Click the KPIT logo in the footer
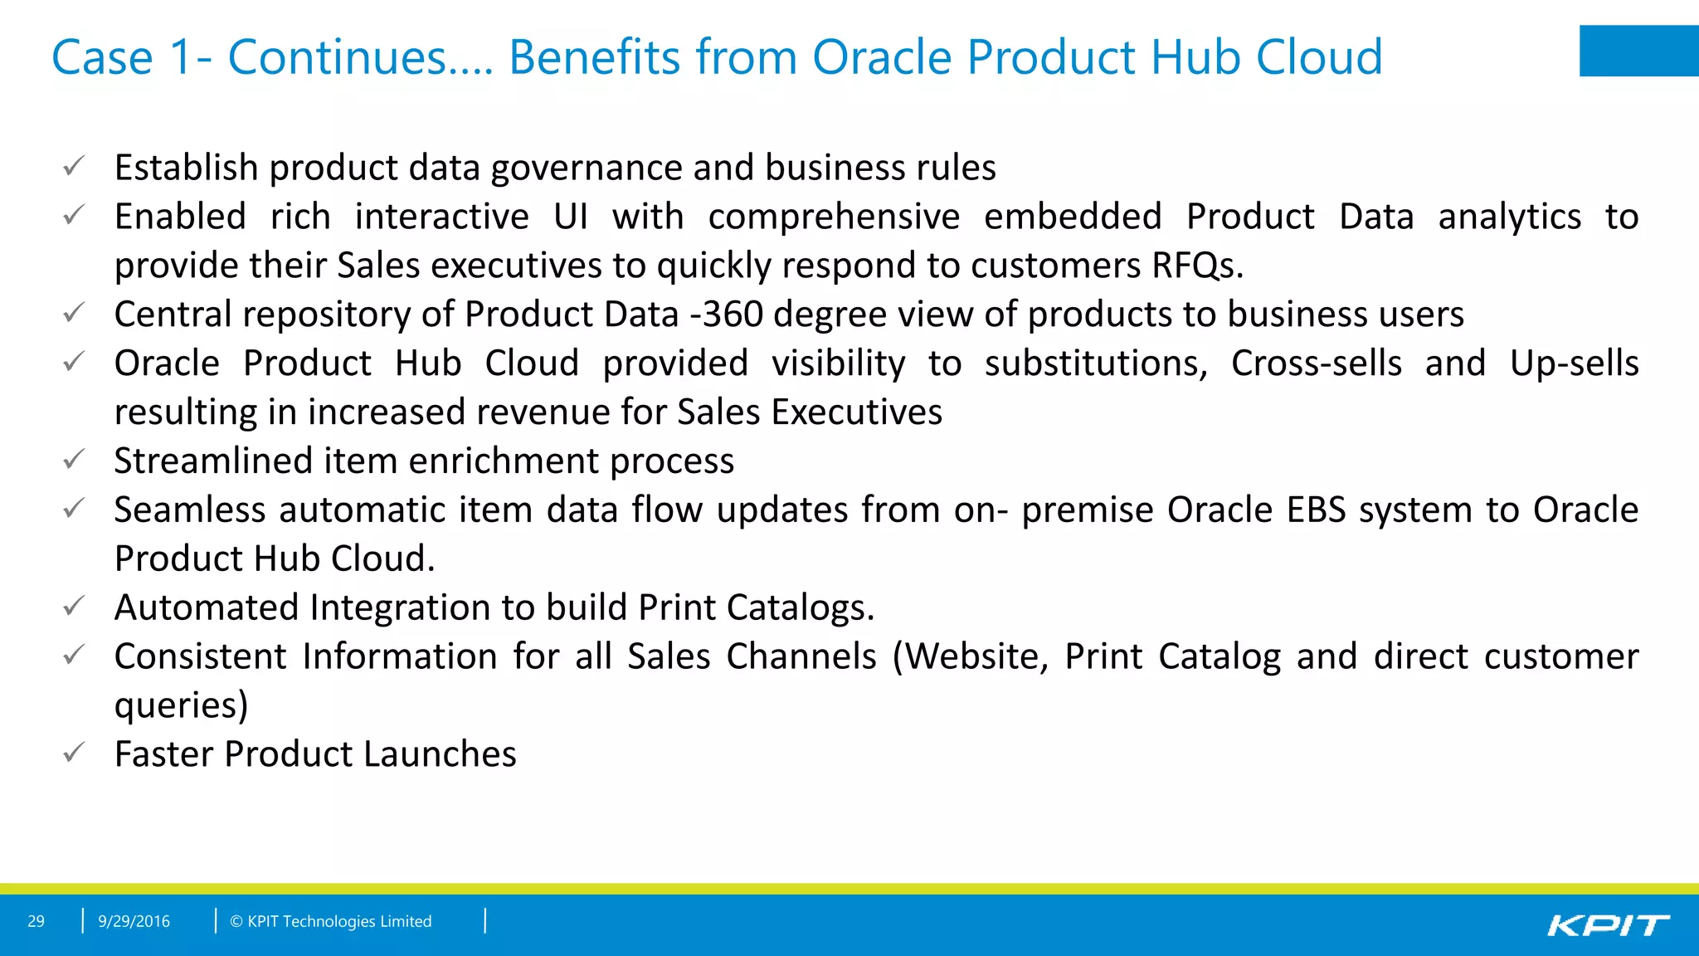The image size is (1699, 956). pos(1608,924)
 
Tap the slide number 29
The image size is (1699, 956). pos(36,921)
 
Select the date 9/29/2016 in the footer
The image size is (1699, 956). pos(134,921)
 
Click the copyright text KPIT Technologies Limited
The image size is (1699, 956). pos(331,921)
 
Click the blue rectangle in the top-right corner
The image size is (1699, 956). pos(1638,51)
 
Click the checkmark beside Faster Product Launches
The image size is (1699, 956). pos(74,753)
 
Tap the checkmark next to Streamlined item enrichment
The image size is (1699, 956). pos(74,459)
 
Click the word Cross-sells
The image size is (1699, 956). pos(1316,363)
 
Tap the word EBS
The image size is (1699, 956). pos(1316,510)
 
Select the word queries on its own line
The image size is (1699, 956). pos(181,706)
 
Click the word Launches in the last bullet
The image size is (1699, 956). pos(440,754)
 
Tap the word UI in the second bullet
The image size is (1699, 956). pos(571,217)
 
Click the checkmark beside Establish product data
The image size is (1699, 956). pos(74,166)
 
